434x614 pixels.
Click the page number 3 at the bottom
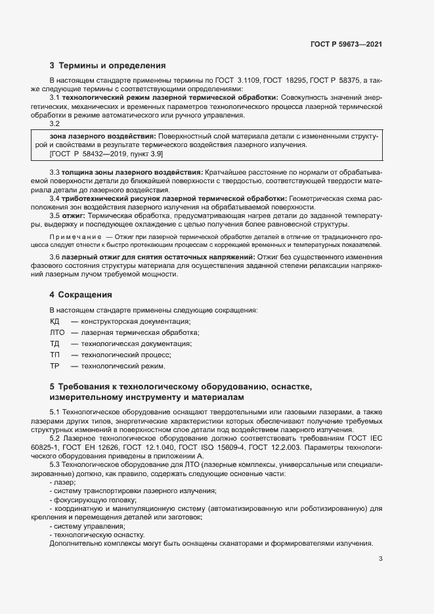[381, 559]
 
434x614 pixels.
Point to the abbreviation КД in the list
[54, 321]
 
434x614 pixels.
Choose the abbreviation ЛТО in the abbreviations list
[57, 333]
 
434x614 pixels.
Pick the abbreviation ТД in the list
[54, 343]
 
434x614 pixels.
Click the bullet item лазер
[62, 482]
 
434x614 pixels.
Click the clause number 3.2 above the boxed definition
[54, 123]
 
